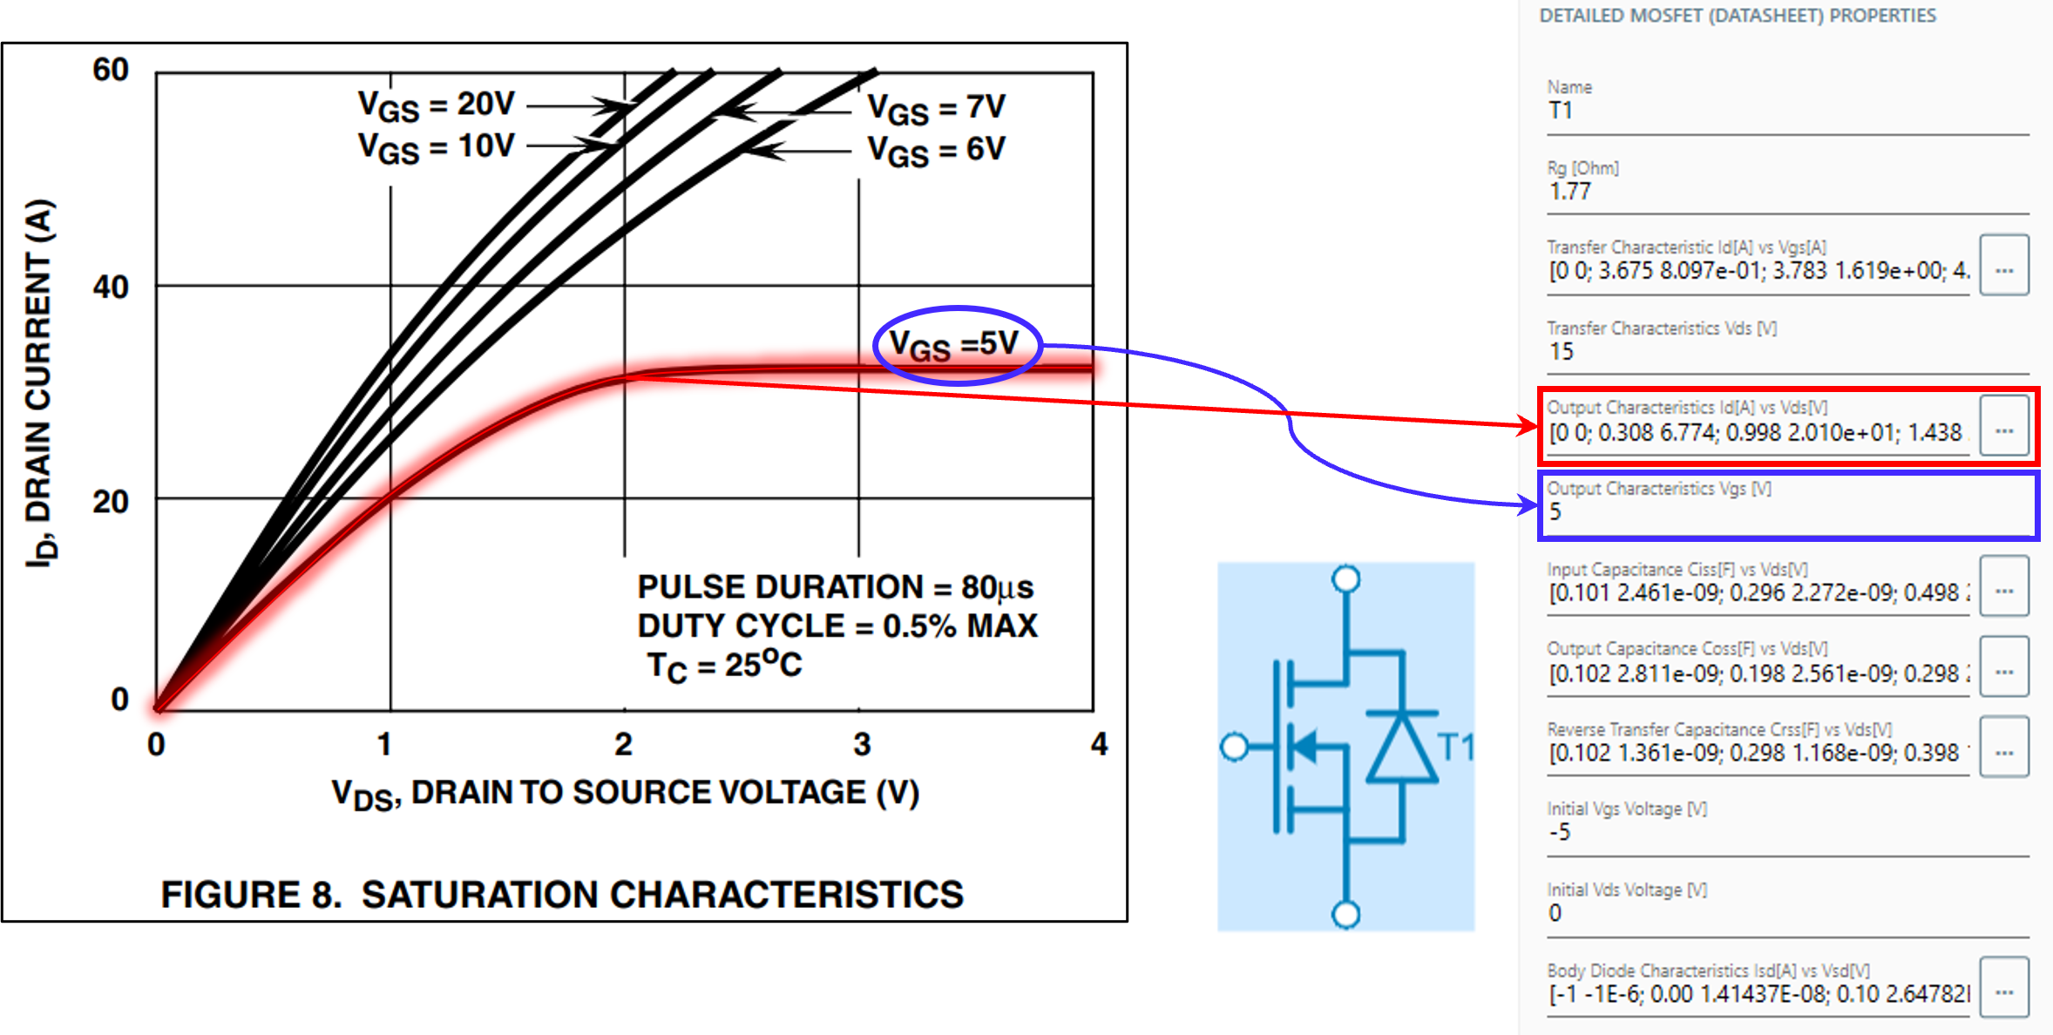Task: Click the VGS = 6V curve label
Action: (x=936, y=151)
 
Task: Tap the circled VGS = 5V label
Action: (x=955, y=346)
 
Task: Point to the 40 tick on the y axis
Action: (x=112, y=287)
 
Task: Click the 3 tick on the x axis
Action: (x=861, y=744)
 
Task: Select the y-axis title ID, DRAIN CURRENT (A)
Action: (x=40, y=383)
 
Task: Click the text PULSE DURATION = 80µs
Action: (x=835, y=587)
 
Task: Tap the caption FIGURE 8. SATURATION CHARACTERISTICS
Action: (x=562, y=895)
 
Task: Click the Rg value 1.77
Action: (x=1570, y=192)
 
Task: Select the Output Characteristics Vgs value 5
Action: (x=1556, y=512)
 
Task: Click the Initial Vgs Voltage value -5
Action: (x=1560, y=833)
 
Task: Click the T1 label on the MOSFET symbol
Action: (x=1455, y=747)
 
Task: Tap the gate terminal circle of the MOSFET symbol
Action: (x=1234, y=747)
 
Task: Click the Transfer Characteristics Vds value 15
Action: (x=1562, y=352)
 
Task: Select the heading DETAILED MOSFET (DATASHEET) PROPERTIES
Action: (x=1737, y=16)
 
